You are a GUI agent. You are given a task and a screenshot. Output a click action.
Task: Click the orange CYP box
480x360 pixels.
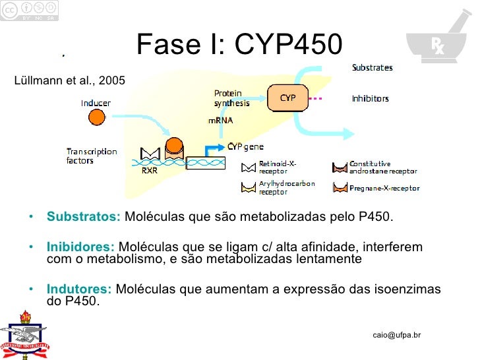pos(287,98)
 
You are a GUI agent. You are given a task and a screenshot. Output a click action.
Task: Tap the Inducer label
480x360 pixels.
pos(96,104)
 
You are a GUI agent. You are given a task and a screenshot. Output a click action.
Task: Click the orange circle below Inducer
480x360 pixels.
pos(96,118)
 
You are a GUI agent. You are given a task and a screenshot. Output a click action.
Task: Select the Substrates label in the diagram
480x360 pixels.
pos(372,67)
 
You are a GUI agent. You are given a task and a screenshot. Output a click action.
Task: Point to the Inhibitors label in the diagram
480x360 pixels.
pos(370,99)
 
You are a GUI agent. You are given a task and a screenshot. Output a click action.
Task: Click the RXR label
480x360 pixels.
pos(150,169)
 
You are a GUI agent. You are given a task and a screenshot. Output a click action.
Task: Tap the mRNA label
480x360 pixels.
pos(220,121)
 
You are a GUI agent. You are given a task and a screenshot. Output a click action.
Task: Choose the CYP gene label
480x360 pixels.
pos(245,146)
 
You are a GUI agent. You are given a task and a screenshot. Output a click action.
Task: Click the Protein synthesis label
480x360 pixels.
pos(231,98)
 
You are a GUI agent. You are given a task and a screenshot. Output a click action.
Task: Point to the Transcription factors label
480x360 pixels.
pos(92,156)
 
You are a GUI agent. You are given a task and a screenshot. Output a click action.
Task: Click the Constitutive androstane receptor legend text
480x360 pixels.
pos(379,167)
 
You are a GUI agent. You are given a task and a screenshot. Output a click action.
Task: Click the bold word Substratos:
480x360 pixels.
pos(83,217)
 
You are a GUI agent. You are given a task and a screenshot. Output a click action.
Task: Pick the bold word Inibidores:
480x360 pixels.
pos(80,247)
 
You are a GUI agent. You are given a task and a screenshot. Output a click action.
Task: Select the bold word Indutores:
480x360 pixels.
pos(79,289)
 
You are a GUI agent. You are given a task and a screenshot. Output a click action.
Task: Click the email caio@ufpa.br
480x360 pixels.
pos(396,335)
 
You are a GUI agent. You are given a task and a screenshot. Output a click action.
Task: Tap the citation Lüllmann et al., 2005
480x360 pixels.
pos(69,81)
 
